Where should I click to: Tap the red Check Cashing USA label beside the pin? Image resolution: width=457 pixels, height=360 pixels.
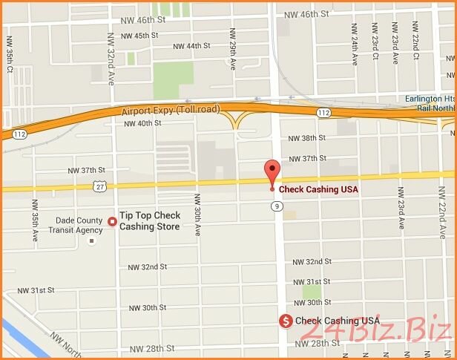pos(318,189)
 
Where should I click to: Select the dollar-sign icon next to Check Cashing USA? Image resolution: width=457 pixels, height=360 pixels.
pos(285,321)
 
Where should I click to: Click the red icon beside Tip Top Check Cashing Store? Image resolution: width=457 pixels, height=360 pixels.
pos(113,220)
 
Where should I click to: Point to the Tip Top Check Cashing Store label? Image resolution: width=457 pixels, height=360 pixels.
pos(150,221)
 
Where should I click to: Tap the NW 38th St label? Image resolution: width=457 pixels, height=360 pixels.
pos(307,139)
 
